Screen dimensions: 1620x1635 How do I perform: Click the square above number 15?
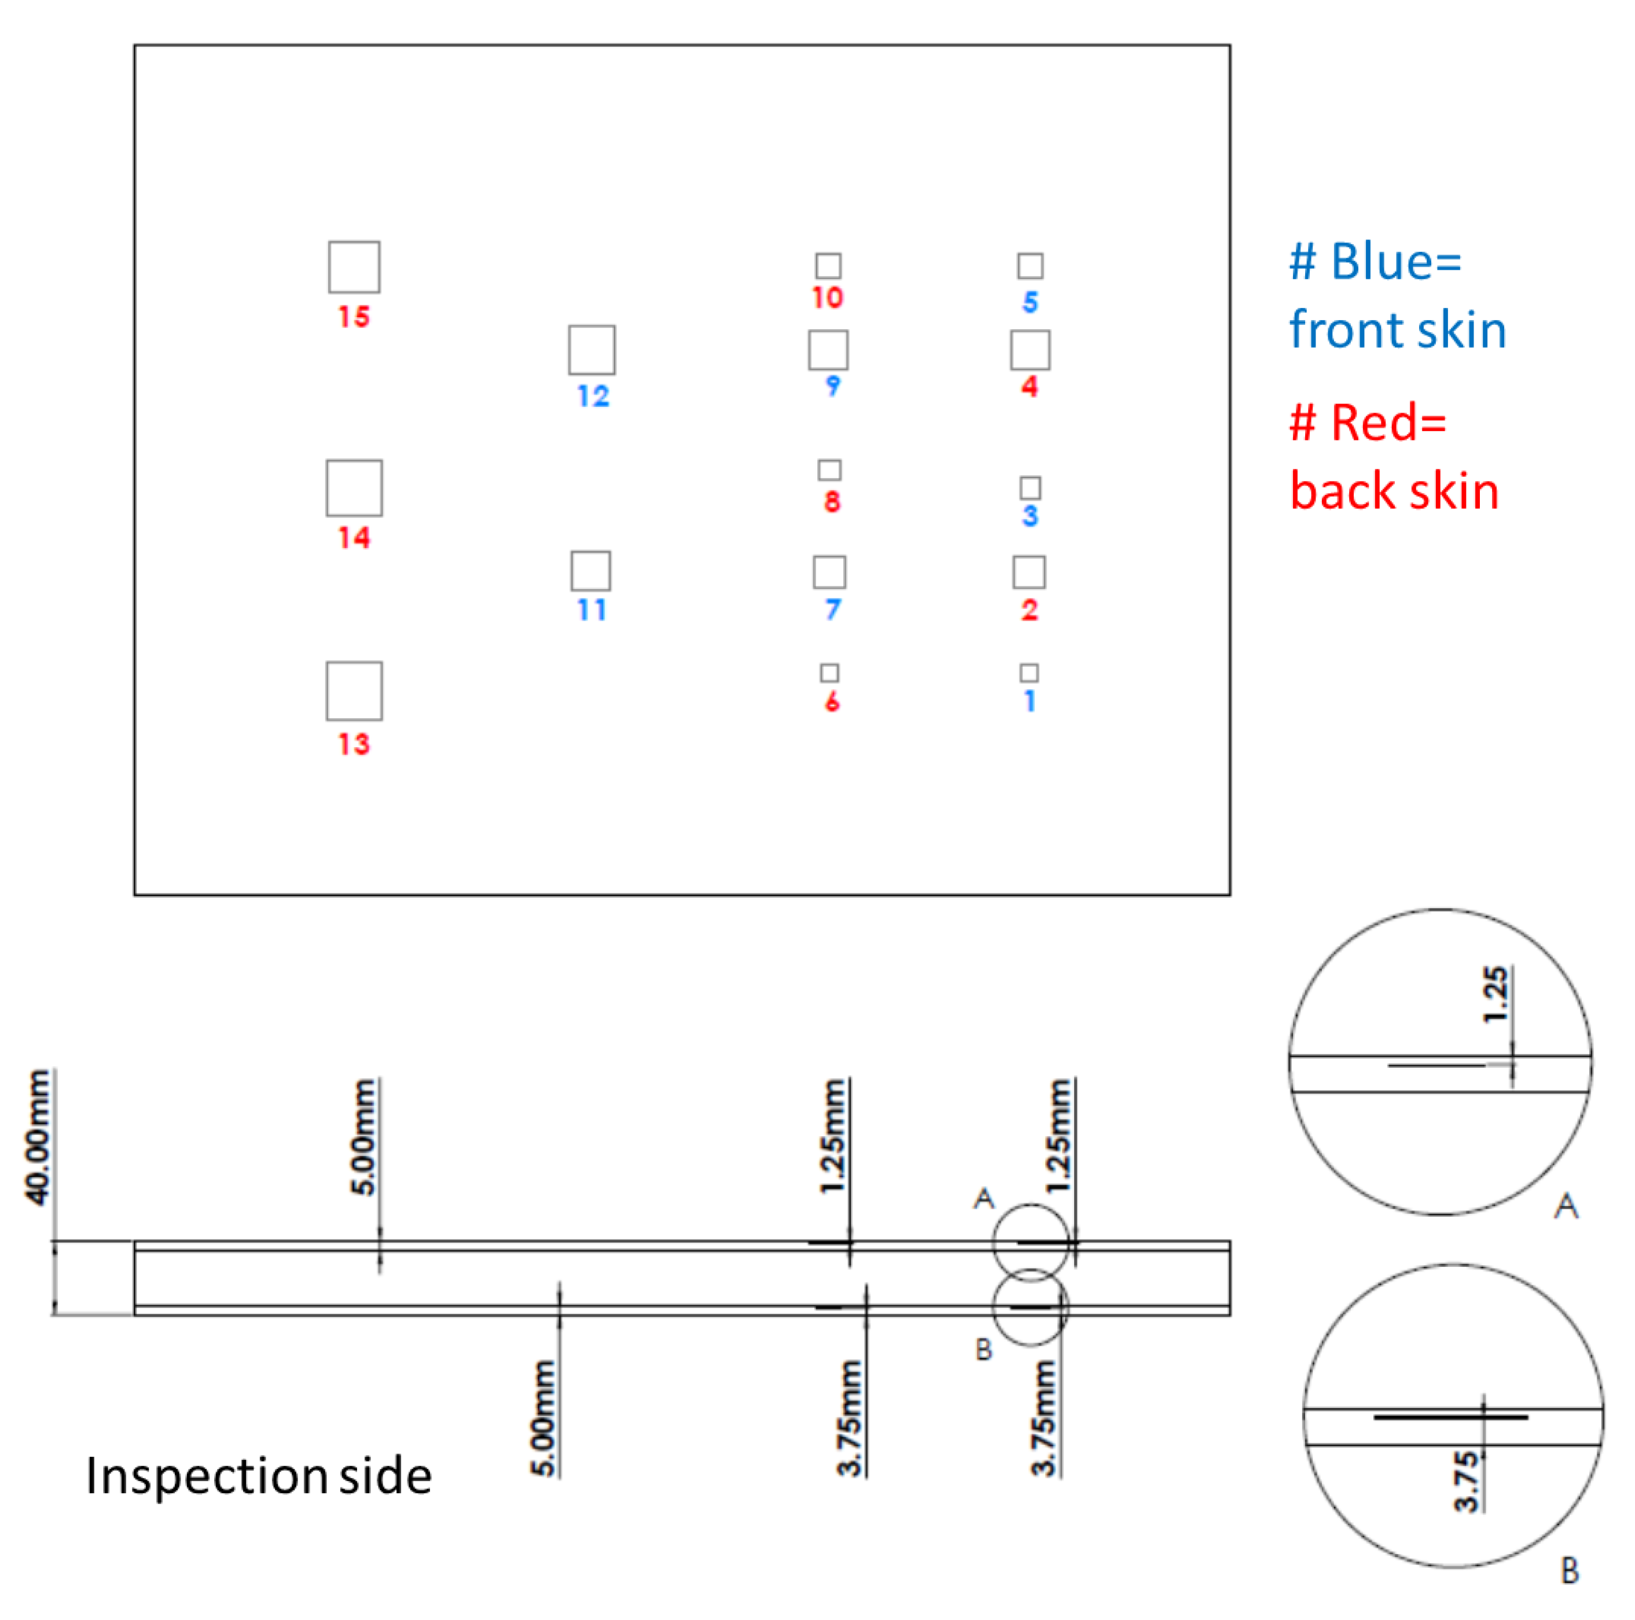(x=354, y=267)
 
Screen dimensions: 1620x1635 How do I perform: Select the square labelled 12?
(x=591, y=350)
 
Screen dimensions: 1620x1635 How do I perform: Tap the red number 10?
(x=827, y=298)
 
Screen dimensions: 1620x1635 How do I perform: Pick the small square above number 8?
(x=829, y=470)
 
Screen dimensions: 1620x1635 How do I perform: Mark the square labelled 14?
(x=354, y=487)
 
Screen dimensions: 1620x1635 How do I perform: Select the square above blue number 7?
(x=829, y=572)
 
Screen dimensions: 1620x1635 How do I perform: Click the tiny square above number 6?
(x=829, y=673)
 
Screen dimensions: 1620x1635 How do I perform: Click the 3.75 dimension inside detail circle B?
(x=1467, y=1481)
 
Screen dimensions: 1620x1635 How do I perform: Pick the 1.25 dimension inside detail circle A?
(x=1496, y=994)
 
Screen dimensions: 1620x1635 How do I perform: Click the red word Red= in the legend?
(x=1388, y=423)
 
